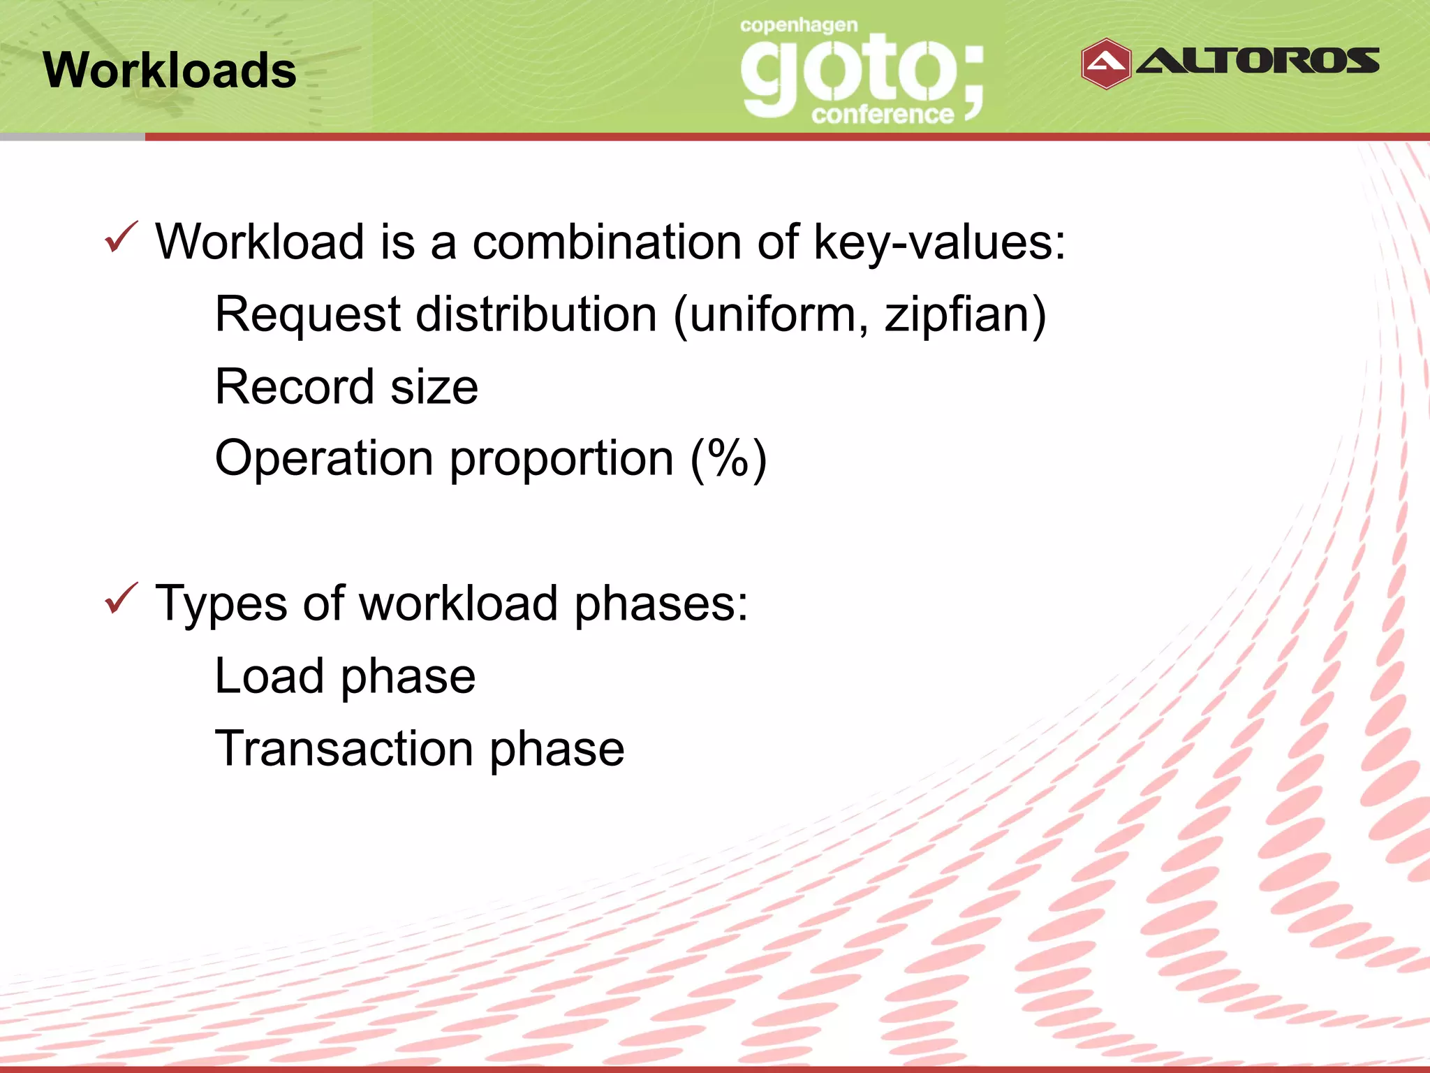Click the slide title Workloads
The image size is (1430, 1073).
pos(170,71)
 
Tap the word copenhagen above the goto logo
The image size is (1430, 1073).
pos(799,26)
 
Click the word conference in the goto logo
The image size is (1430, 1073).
pos(882,115)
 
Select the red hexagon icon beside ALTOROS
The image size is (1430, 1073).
pos(1105,64)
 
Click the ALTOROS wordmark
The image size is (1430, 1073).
pos(1258,61)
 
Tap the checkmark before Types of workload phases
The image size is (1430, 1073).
pos(121,599)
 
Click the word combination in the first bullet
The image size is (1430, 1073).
pos(607,242)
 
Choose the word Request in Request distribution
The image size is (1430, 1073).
pos(307,315)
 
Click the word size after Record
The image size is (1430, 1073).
pos(434,388)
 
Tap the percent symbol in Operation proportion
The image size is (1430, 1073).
pos(728,458)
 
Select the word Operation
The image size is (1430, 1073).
pos(324,460)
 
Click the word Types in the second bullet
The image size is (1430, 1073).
pos(221,604)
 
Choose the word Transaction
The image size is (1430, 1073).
pos(344,749)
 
